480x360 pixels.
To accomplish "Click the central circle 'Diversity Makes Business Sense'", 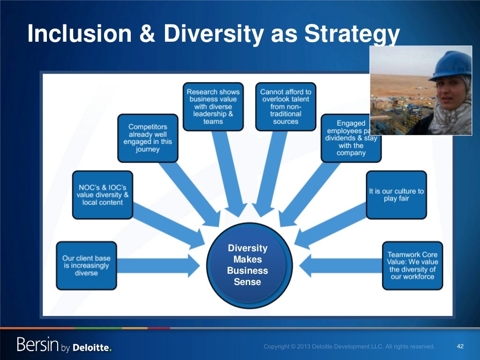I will [247, 265].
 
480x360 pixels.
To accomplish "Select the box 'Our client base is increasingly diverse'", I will [86, 265].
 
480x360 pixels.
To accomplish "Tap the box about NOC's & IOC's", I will [102, 195].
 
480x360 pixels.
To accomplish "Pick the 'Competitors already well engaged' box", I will [148, 138].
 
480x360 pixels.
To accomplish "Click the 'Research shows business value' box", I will [214, 106].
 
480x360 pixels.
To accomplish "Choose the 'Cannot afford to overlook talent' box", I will [285, 106].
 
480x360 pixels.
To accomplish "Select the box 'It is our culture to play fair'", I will [396, 195].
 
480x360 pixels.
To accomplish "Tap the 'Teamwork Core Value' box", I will [412, 265].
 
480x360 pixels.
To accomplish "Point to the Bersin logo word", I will [37, 345].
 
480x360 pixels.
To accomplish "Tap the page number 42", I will [460, 346].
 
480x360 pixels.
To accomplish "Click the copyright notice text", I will [349, 346].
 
